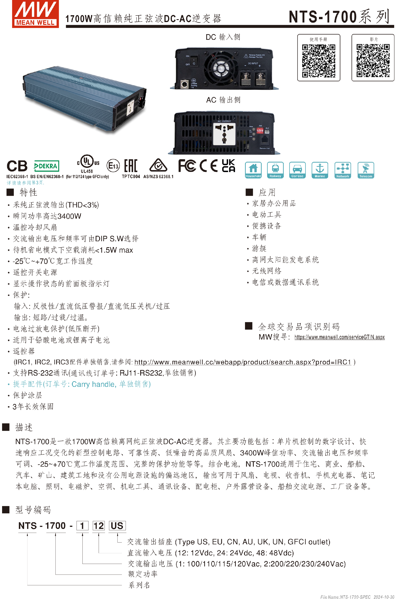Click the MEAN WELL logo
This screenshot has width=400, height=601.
35,14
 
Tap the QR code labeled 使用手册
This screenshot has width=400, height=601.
318,61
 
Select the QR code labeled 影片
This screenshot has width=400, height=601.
373,61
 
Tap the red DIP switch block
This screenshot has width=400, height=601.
260,131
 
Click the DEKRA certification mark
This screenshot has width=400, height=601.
46,166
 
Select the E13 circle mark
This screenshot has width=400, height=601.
113,166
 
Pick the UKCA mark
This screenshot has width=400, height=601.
228,166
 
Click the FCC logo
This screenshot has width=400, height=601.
187,166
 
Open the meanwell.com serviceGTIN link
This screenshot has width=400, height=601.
339,337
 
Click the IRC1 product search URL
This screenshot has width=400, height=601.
242,362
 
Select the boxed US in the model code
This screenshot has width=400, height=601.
117,526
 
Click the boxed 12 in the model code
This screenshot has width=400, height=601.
99,526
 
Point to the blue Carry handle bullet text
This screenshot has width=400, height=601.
82,384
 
